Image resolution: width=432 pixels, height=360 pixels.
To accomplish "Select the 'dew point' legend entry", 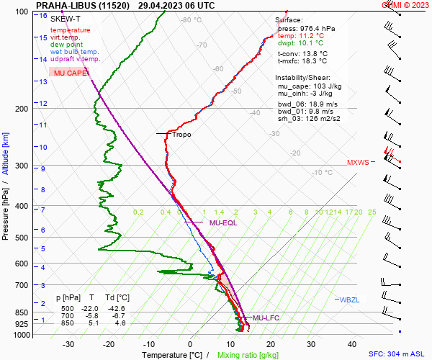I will (x=66, y=45).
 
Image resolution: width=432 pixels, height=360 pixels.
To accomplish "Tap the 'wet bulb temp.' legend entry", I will (x=74, y=52).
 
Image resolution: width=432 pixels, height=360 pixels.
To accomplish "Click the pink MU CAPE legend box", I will (x=69, y=73).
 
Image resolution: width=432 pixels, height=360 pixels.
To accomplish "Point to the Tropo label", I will (x=181, y=135).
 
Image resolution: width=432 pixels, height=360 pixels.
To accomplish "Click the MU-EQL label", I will (x=223, y=223).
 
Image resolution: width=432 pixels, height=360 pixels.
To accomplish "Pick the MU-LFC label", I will (x=266, y=318).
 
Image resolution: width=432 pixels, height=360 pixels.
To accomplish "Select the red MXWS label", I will (x=357, y=163).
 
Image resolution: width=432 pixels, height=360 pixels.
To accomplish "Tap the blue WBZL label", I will (x=348, y=299).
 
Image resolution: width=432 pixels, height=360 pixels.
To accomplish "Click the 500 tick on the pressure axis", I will (x=24, y=238).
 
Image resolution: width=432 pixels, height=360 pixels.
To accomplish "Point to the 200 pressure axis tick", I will (x=24, y=109).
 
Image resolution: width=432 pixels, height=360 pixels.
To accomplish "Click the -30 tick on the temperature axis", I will (x=68, y=344).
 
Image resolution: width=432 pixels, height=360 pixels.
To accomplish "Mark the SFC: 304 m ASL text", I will (x=397, y=354).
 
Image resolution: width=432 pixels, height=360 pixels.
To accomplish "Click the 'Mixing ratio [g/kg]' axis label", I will (x=248, y=355).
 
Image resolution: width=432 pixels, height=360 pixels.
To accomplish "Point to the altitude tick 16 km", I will (x=44, y=15).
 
